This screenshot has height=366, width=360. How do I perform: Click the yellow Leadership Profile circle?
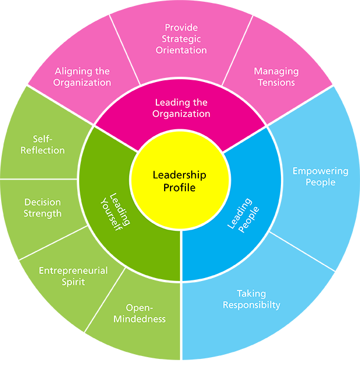(180, 180)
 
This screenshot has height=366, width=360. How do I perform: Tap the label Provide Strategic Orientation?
(181, 39)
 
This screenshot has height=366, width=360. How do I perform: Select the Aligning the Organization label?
(82, 77)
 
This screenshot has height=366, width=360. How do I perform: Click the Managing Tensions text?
(276, 77)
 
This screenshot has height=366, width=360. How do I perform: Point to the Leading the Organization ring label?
(182, 108)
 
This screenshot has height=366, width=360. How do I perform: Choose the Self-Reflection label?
(42, 144)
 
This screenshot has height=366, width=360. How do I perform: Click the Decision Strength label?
(42, 208)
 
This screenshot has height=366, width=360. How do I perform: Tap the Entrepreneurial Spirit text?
(73, 276)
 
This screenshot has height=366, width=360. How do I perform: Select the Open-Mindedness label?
(145, 313)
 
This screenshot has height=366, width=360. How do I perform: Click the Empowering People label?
(320, 177)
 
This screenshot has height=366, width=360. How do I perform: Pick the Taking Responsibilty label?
(251, 299)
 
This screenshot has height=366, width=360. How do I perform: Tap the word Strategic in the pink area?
(181, 39)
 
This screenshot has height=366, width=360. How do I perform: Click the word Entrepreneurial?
(73, 270)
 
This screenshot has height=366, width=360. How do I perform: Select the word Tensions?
(276, 83)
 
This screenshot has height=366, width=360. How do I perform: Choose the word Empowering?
(320, 171)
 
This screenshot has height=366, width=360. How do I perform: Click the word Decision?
(42, 202)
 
